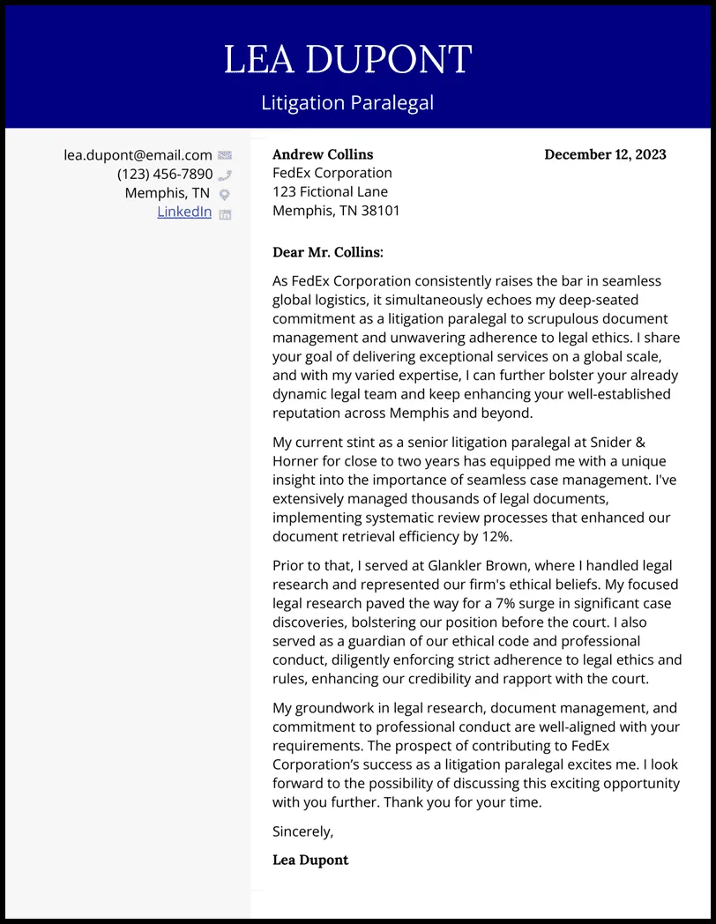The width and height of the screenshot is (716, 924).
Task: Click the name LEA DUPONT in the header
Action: click(x=347, y=60)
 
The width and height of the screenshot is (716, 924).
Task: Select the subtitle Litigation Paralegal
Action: click(x=347, y=103)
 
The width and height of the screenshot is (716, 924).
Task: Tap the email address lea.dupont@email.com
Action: click(x=138, y=155)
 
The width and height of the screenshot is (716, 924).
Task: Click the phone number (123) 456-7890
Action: click(x=165, y=174)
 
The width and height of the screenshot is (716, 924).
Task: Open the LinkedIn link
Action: click(x=184, y=212)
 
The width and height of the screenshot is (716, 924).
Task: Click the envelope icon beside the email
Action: click(x=225, y=155)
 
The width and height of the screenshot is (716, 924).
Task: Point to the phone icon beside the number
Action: click(x=225, y=175)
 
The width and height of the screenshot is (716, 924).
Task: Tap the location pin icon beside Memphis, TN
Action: click(x=225, y=194)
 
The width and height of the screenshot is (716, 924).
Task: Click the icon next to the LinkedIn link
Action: click(x=225, y=213)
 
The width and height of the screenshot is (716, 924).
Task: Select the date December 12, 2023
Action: click(x=605, y=154)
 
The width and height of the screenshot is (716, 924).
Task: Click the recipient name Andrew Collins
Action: click(x=323, y=154)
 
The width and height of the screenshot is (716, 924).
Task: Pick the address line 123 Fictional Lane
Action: click(x=330, y=191)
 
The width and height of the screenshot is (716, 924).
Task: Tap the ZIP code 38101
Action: click(x=382, y=211)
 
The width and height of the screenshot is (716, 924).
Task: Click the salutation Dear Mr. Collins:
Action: click(x=328, y=252)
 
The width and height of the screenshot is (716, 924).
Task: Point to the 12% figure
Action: click(x=496, y=536)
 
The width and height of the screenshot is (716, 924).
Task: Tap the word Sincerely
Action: click(x=302, y=831)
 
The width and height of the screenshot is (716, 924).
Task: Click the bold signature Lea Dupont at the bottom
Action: click(x=310, y=860)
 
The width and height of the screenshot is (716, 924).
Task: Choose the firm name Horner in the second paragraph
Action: click(x=295, y=461)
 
